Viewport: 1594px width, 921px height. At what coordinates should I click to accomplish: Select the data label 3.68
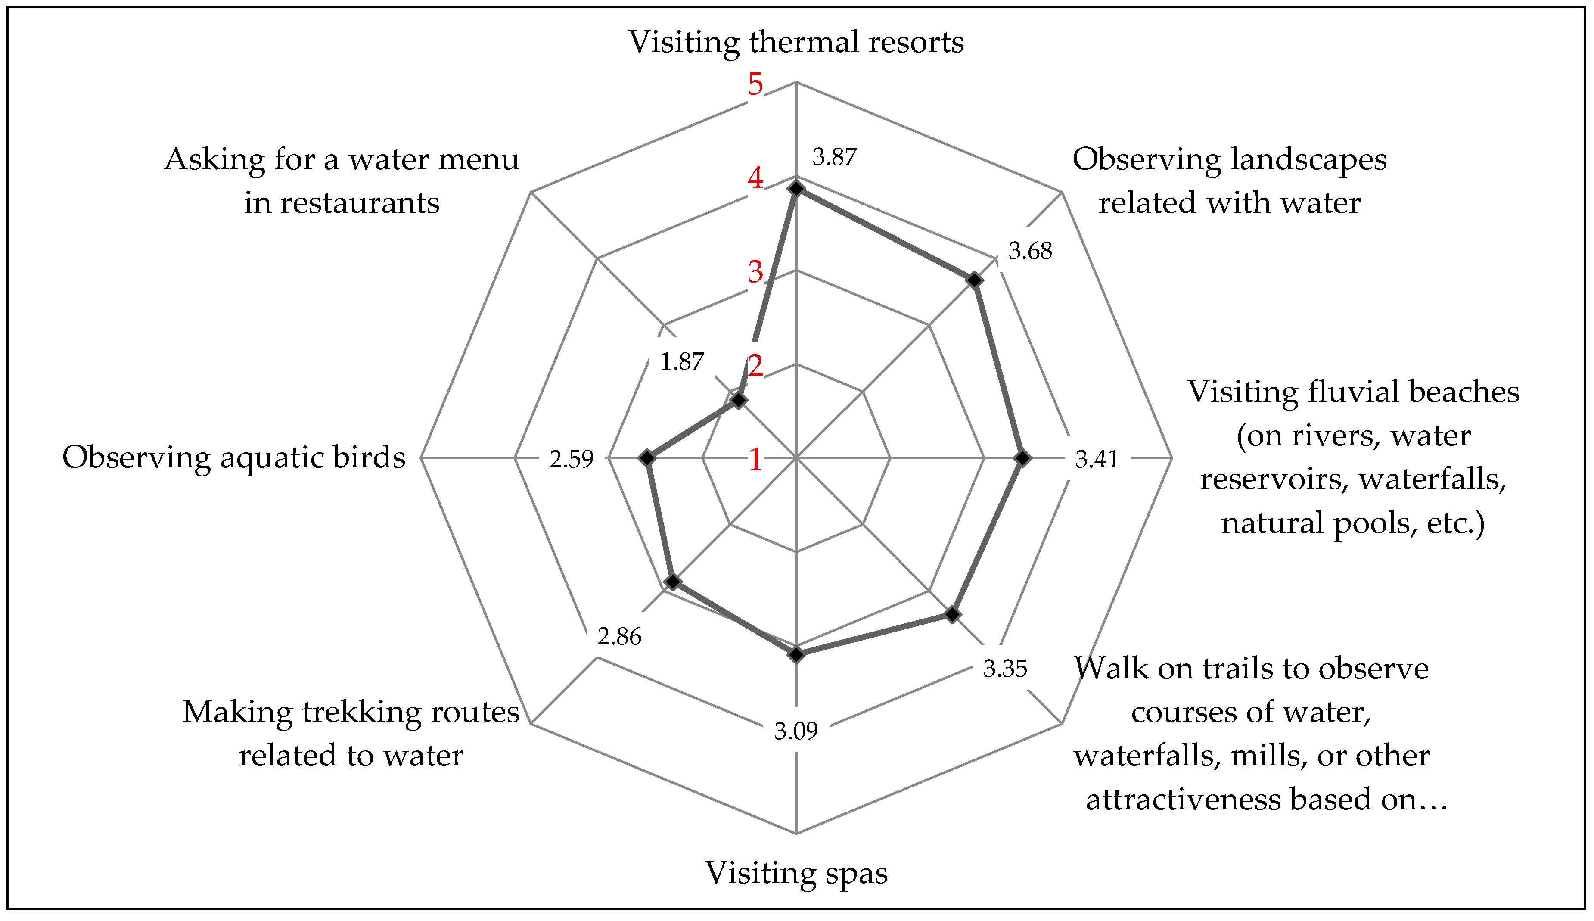(1030, 251)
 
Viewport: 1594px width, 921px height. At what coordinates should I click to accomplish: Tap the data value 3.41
(1097, 459)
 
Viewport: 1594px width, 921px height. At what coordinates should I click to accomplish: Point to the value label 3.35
(1005, 669)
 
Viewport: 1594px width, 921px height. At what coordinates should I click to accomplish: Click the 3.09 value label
(796, 731)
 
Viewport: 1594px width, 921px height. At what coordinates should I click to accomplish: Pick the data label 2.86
(619, 636)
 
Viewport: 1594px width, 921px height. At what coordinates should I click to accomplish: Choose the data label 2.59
(572, 459)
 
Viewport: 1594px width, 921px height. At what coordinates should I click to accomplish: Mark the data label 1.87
(682, 362)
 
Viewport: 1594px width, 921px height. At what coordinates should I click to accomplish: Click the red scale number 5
(755, 84)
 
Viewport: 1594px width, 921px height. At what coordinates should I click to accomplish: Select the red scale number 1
(755, 460)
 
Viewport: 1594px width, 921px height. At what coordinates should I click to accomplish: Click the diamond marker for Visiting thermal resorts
(796, 189)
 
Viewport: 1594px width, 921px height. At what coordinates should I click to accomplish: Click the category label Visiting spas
(796, 873)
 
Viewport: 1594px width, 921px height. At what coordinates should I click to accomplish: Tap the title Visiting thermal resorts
(796, 42)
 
